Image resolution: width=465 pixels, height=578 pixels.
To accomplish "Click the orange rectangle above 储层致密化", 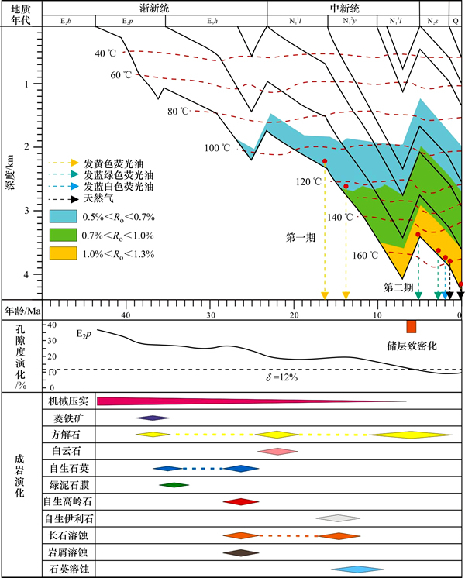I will (412, 326).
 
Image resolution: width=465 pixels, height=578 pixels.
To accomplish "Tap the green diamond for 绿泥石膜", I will (174, 485).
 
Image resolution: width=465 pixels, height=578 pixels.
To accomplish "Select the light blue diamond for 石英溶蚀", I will (356, 569).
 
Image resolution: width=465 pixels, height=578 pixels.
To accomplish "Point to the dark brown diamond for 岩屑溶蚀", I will (240, 552).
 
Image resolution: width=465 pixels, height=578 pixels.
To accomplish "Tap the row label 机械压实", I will (67, 401).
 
